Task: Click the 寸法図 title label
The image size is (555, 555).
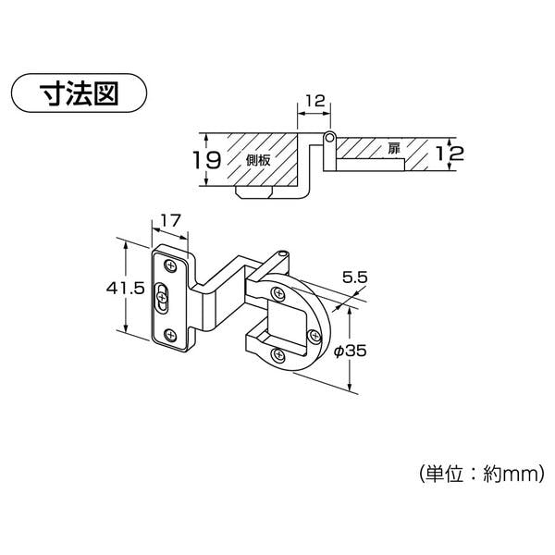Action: [79, 93]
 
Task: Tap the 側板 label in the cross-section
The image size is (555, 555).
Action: [258, 160]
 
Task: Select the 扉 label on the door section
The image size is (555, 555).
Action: [394, 148]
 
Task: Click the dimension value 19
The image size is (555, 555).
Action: [207, 160]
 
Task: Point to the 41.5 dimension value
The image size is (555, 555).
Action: [126, 289]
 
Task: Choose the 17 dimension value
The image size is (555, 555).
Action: [171, 221]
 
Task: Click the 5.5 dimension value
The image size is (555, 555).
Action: [354, 277]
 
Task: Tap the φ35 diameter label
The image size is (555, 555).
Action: [351, 351]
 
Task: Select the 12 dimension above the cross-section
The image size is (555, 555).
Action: [314, 101]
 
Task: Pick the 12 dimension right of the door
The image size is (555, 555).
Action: [450, 154]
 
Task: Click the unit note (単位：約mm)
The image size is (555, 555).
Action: [481, 474]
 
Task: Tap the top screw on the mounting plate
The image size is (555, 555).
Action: [170, 265]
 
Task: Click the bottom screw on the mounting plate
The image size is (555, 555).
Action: [170, 335]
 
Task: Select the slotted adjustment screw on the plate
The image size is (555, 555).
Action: [162, 297]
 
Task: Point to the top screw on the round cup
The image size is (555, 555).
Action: [277, 293]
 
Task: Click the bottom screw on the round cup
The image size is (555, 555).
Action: [278, 354]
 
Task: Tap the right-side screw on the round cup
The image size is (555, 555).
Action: [314, 336]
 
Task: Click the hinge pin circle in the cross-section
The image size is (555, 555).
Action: [329, 136]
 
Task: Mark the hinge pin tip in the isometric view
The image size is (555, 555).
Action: [282, 253]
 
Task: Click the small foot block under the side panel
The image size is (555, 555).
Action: [253, 192]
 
